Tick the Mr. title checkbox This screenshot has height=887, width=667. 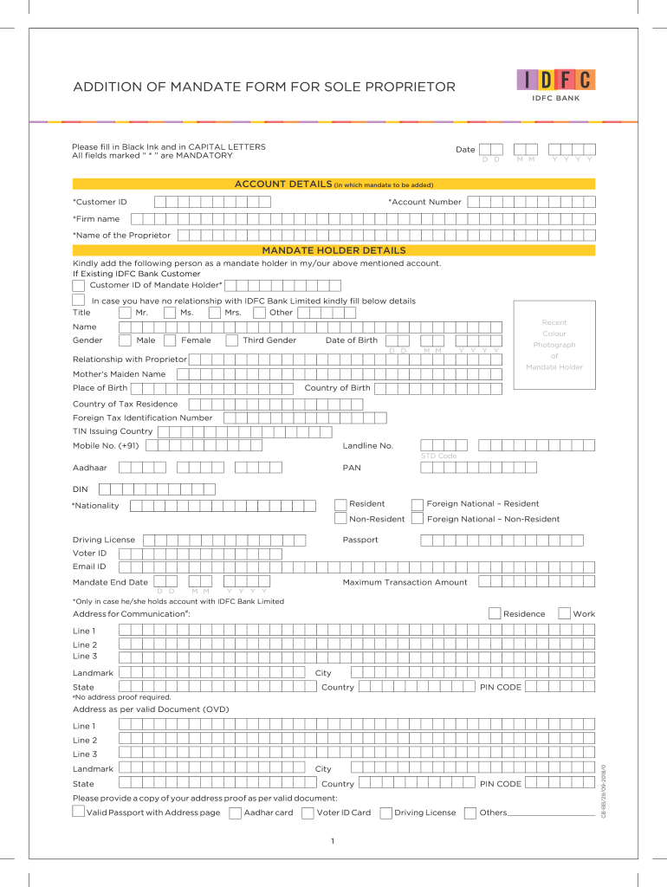click(x=126, y=313)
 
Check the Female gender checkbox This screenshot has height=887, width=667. click(x=170, y=340)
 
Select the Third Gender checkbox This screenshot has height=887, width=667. click(x=231, y=340)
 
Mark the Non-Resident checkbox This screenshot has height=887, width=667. click(x=340, y=519)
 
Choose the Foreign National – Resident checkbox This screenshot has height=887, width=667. click(x=418, y=504)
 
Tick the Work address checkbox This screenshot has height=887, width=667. click(x=564, y=613)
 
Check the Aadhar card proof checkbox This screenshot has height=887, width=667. click(x=235, y=813)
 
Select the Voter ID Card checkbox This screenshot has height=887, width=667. click(x=308, y=813)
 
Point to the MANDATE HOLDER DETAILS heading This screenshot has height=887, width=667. click(x=333, y=250)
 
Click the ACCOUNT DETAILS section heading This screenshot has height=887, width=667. click(x=282, y=185)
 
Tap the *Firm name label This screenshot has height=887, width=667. click(x=96, y=219)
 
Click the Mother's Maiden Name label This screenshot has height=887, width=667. click(x=119, y=374)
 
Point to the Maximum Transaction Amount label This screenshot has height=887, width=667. click(x=405, y=582)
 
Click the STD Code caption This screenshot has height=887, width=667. click(x=438, y=456)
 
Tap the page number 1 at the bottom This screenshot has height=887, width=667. click(x=333, y=841)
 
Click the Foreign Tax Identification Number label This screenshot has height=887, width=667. click(x=142, y=418)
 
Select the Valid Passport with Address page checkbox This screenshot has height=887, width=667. click(x=79, y=812)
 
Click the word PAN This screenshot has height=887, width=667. click(x=352, y=468)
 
